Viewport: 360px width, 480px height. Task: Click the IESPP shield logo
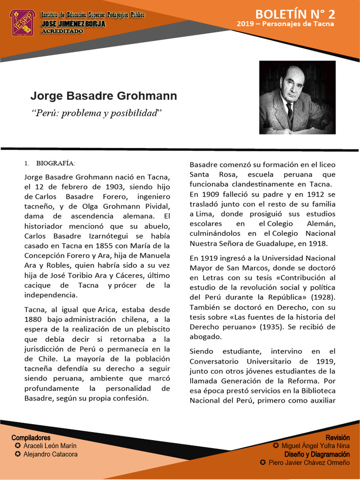point(22,22)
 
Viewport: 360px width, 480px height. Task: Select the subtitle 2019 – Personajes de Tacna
point(285,24)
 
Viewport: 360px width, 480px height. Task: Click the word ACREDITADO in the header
point(62,31)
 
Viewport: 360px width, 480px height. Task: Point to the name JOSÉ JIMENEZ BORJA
point(73,23)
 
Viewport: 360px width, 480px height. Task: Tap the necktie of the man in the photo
point(290,111)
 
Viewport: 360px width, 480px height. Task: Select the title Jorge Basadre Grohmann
point(104,96)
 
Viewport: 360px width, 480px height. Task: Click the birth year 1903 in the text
point(112,187)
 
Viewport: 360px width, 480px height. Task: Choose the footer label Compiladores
point(31,437)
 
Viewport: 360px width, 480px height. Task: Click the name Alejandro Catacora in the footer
point(50,454)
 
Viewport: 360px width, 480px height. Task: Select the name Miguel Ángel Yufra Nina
point(315,446)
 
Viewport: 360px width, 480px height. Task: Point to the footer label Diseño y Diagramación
point(317,454)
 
